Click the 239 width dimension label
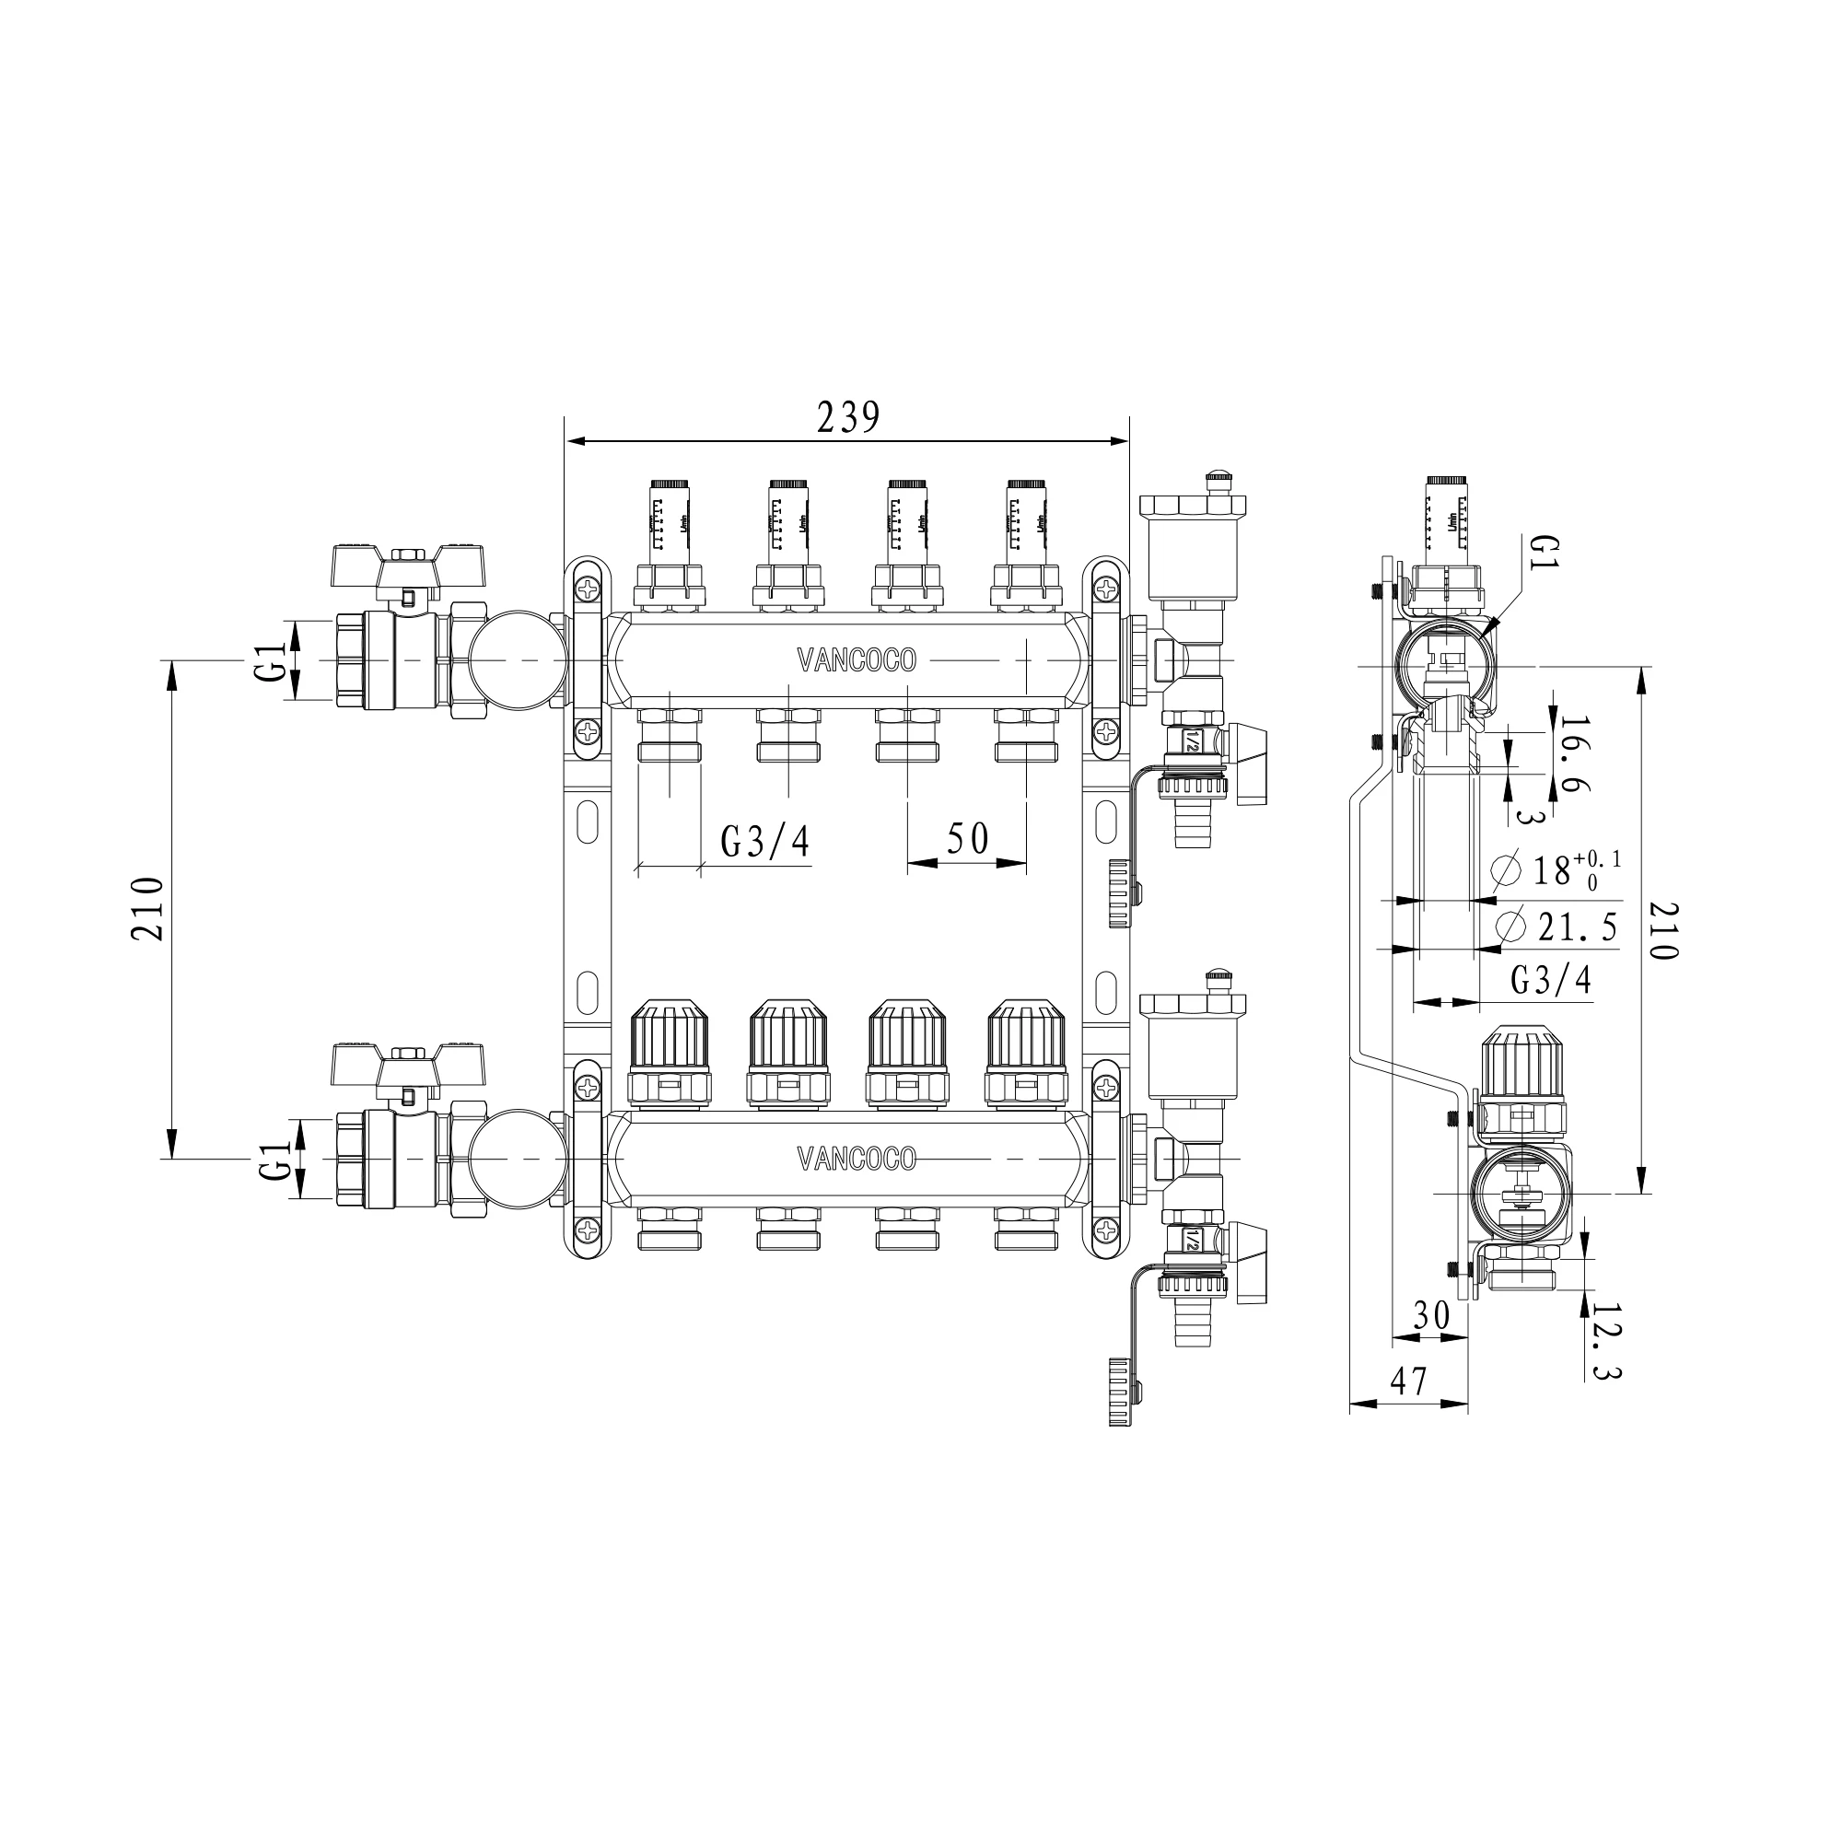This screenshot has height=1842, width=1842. (847, 417)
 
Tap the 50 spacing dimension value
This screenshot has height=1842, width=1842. (967, 839)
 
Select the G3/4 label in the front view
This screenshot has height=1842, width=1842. (764, 841)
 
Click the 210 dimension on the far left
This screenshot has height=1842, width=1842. (148, 909)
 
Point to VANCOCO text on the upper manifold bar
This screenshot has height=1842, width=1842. (856, 659)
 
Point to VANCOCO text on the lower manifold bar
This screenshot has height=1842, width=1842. (856, 1159)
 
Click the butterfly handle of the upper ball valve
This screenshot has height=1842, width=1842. (410, 567)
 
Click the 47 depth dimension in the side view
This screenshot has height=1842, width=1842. (1408, 1381)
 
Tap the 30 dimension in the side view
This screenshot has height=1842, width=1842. (1430, 1316)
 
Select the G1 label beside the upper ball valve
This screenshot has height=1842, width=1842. (272, 660)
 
